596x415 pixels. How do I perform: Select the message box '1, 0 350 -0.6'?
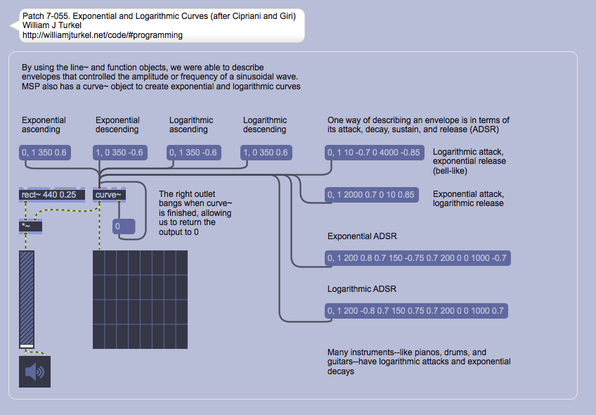point(119,153)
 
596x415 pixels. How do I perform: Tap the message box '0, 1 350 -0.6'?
point(193,153)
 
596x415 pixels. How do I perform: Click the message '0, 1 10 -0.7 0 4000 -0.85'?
point(375,153)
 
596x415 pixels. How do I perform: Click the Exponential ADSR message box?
point(417,258)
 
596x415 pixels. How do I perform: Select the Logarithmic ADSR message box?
point(416,311)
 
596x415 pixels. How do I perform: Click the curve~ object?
point(109,195)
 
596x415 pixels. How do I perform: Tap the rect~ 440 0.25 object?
point(52,195)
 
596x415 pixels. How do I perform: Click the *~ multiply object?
point(31,225)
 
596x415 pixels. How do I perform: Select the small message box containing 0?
point(125,226)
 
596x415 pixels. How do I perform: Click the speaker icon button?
point(34,371)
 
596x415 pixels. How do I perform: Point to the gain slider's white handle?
point(27,345)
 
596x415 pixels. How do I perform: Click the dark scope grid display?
point(141,300)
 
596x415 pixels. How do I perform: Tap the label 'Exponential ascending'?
point(44,124)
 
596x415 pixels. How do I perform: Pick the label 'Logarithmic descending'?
point(265,124)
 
